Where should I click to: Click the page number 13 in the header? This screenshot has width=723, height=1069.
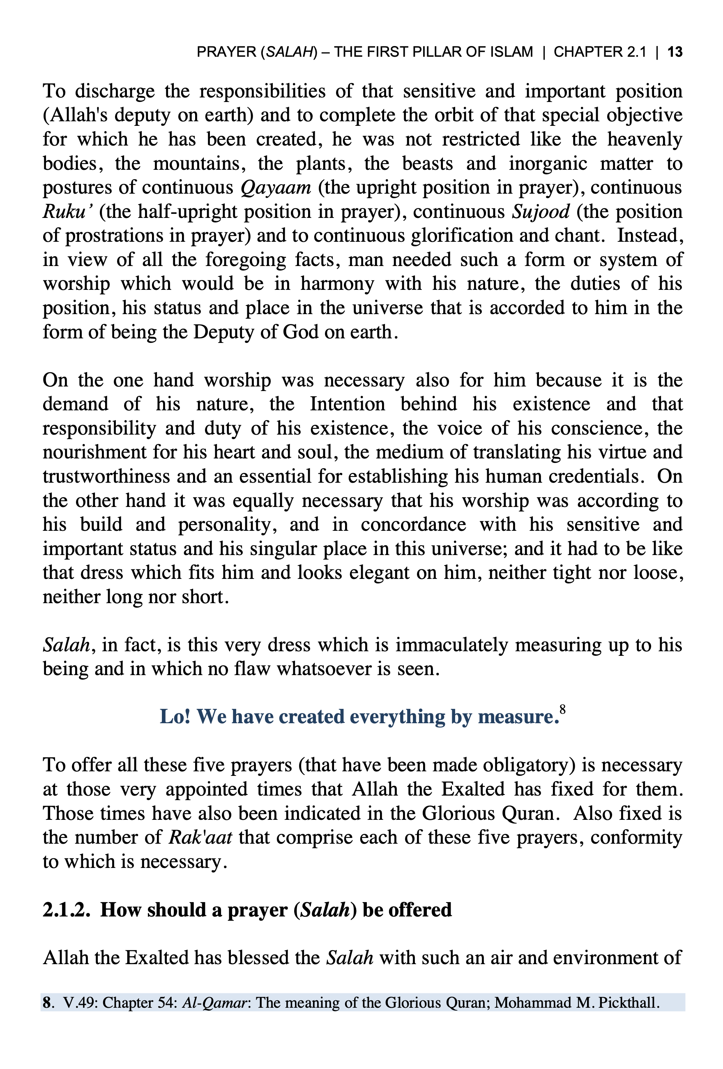(x=674, y=52)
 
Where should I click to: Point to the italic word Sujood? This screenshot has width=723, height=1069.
(x=541, y=212)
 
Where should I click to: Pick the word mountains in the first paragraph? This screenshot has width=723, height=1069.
(x=196, y=164)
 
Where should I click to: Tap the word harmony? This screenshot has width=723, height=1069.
(x=337, y=284)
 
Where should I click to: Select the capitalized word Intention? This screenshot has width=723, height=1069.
(x=347, y=404)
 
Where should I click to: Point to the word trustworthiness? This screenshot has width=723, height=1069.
(x=106, y=477)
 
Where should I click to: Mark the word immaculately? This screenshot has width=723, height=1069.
(x=451, y=646)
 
